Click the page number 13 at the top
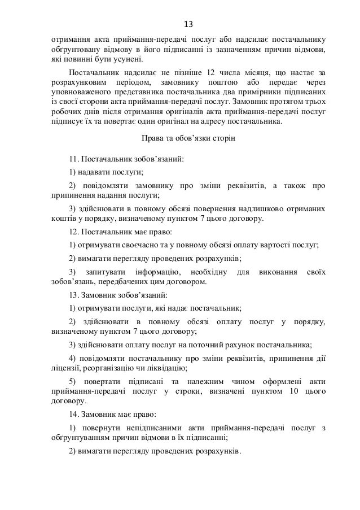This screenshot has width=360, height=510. [x=188, y=24]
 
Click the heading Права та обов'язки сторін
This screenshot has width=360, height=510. [x=187, y=137]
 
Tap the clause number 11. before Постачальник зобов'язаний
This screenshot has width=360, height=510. [x=74, y=160]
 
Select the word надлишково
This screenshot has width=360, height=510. [x=243, y=208]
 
